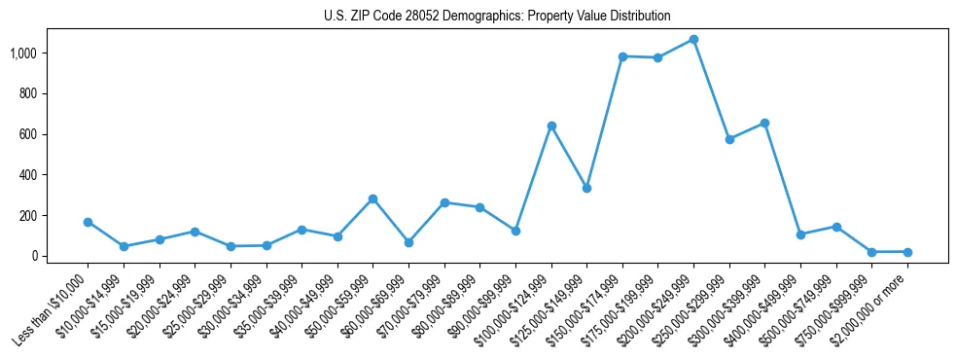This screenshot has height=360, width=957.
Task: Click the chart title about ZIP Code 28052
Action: click(x=497, y=16)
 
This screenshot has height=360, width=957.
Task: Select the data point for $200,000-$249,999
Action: click(x=693, y=40)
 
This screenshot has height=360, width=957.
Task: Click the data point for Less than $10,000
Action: click(x=89, y=222)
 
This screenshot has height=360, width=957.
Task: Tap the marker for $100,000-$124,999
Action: click(x=551, y=126)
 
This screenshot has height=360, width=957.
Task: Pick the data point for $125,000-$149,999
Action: click(x=586, y=188)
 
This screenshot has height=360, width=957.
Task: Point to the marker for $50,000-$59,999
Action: click(x=372, y=198)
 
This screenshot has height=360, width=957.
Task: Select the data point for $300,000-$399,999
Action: click(x=764, y=123)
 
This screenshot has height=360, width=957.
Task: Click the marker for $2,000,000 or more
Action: click(x=907, y=252)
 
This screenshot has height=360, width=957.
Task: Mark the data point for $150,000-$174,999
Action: click(x=622, y=56)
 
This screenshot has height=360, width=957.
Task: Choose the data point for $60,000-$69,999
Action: click(x=408, y=242)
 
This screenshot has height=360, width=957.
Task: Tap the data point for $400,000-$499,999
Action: click(x=800, y=234)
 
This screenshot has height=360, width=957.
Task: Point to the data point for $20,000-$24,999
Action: click(x=195, y=232)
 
